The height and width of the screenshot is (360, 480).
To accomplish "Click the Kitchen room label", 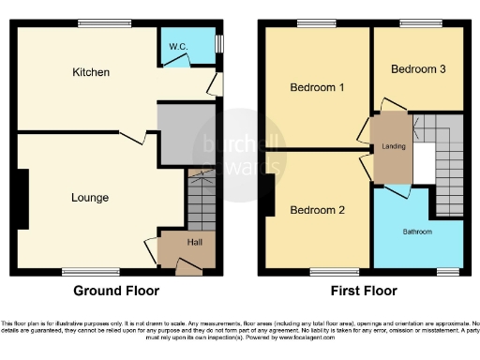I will point(92,72).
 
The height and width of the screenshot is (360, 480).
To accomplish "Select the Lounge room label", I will point(90,198).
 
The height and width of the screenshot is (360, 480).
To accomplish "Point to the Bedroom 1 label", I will point(317,87).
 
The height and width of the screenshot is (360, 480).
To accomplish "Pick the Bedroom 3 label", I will point(418,69).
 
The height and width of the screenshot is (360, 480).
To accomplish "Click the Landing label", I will point(393,146).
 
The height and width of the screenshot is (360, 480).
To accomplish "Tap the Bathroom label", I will point(417,231).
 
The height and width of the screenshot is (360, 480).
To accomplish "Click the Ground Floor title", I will point(116,291).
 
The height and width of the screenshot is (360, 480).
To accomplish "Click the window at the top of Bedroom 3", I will point(413,24).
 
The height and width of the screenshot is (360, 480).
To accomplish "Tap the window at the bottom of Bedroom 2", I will point(322,271).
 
